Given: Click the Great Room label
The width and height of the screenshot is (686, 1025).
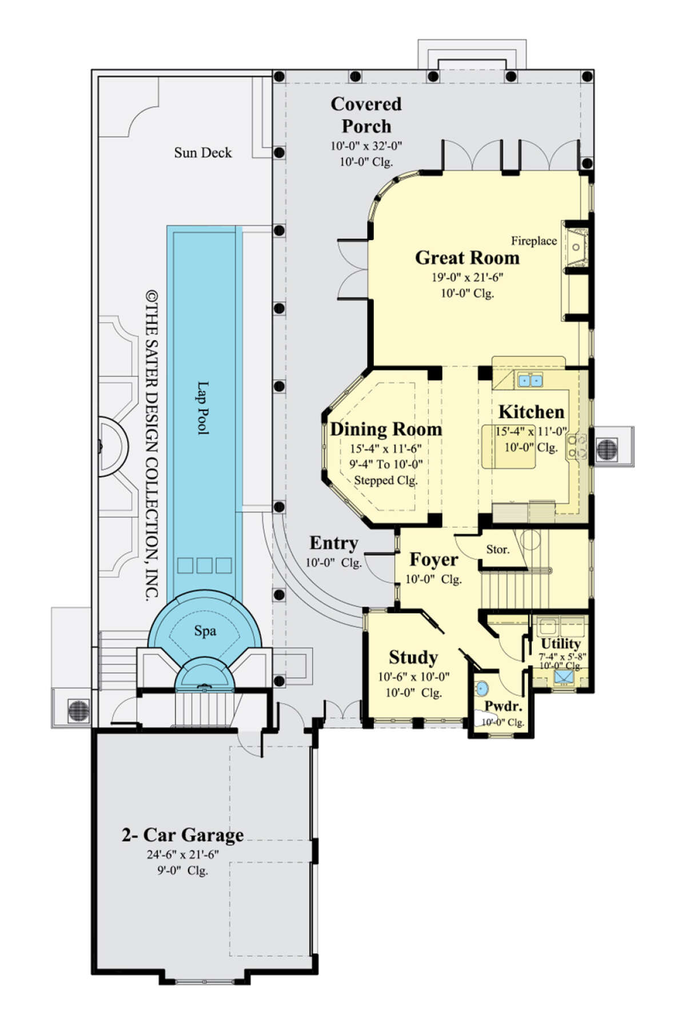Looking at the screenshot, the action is (x=467, y=258).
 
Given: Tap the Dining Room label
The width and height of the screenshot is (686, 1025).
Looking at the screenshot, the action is (x=386, y=429).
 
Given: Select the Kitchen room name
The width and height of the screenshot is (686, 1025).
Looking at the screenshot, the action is (x=531, y=412).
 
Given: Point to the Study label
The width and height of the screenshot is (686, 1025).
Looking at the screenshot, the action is (x=413, y=657).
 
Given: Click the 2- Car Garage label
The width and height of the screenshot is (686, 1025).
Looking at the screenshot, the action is (x=183, y=835).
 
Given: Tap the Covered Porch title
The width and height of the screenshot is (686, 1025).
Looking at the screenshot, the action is (x=366, y=115).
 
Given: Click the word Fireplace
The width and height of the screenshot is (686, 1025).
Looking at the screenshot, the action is (x=534, y=241).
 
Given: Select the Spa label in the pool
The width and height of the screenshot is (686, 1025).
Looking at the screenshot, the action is (x=205, y=631).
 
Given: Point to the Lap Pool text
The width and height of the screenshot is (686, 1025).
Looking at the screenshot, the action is (x=203, y=408).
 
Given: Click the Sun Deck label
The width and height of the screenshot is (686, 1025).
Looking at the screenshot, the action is (x=203, y=153).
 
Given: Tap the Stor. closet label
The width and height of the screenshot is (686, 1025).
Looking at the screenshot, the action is (x=497, y=549).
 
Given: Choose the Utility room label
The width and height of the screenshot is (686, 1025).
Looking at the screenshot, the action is (x=561, y=644).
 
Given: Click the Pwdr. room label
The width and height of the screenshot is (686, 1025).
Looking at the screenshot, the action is (x=503, y=706).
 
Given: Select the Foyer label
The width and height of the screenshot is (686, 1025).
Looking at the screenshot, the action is (x=434, y=560).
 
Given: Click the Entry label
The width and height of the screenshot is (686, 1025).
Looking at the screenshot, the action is (x=334, y=543).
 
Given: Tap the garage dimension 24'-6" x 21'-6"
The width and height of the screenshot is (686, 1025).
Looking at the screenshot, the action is (x=183, y=855).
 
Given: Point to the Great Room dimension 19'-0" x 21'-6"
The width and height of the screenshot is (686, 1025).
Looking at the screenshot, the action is (x=467, y=278).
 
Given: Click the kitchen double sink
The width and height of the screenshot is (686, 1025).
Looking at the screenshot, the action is (x=531, y=380).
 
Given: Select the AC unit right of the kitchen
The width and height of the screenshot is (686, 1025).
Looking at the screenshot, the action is (x=607, y=449).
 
